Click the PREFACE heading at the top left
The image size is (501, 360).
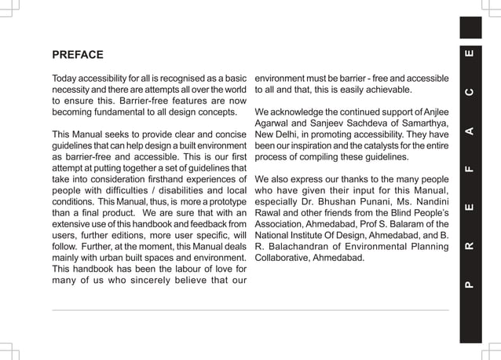click(x=78, y=55)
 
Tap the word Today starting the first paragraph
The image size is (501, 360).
click(x=66, y=80)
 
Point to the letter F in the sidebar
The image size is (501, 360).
click(x=469, y=167)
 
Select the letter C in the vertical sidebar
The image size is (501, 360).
click(x=469, y=93)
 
